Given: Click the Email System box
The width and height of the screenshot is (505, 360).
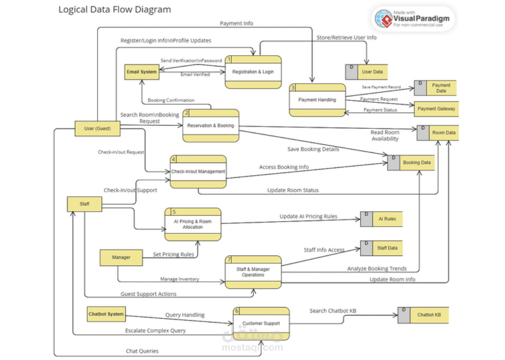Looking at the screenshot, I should click(x=142, y=72).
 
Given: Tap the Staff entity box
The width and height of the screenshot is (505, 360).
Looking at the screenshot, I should click(x=85, y=204).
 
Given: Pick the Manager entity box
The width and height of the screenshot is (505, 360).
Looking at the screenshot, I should click(x=121, y=257).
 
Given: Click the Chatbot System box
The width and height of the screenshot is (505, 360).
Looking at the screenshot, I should click(x=106, y=314).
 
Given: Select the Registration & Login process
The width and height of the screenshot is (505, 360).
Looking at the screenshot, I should click(x=253, y=72).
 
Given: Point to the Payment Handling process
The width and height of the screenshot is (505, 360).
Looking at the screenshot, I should click(x=317, y=100).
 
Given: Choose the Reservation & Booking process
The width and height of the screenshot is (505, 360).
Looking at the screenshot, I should click(x=210, y=125).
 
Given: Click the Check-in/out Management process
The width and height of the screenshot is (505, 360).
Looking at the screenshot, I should click(x=198, y=171).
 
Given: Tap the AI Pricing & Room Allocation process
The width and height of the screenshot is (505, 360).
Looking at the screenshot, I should click(x=193, y=224).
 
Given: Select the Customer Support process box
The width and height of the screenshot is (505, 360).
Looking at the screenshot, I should click(x=261, y=323).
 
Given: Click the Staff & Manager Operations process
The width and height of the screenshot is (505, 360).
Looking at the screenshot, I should click(x=253, y=272).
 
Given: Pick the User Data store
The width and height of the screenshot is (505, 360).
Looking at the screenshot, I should click(x=367, y=72).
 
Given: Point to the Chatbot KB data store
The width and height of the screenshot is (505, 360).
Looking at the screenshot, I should click(x=424, y=315).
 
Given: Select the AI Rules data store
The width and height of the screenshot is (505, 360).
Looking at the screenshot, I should click(x=381, y=219).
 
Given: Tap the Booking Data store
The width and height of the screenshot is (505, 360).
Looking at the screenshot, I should click(x=411, y=162).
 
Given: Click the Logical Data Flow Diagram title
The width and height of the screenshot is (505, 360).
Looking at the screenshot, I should click(x=114, y=9).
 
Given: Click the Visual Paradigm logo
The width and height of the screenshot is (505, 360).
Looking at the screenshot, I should click(x=414, y=19).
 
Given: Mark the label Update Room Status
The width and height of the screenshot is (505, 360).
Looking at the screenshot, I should click(x=293, y=190).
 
